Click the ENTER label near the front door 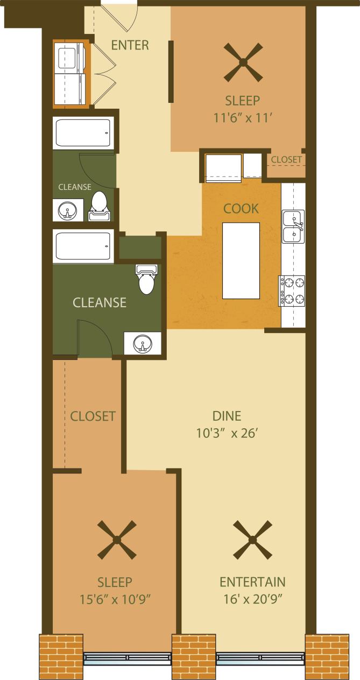130,45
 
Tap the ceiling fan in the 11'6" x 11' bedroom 243,63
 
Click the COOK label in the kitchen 241,208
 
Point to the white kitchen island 241,260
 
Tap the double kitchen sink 293,226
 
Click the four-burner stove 292,291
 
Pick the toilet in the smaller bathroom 99,206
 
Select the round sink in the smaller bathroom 68,210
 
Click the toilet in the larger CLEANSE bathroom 146,280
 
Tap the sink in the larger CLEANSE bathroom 142,343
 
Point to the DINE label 227,416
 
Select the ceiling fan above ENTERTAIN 252,540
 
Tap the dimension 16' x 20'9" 252,598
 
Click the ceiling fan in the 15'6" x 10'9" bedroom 117,540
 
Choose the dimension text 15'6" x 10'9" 115,598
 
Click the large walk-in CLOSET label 93,416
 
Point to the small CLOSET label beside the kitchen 286,160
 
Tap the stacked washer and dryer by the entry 71,74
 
